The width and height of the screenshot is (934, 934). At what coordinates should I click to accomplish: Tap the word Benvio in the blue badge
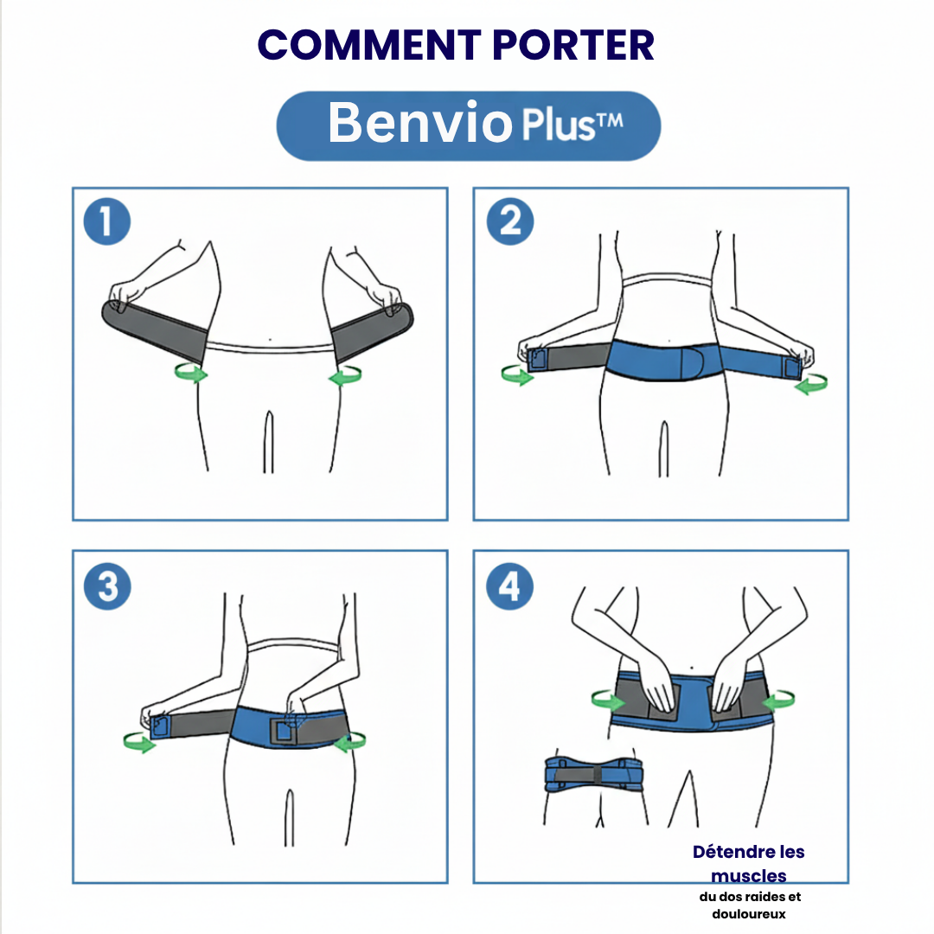[420, 124]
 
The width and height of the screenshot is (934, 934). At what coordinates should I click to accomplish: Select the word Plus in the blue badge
[558, 126]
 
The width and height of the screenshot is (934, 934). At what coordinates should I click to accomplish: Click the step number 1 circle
[106, 222]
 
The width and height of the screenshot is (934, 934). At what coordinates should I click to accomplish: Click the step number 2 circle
[510, 222]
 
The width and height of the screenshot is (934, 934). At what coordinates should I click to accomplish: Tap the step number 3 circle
[106, 587]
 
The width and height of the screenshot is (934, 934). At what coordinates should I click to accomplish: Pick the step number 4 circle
[510, 587]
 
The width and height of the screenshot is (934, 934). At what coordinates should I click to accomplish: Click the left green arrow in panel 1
[191, 373]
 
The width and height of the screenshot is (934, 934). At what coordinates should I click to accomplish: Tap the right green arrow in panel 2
[810, 384]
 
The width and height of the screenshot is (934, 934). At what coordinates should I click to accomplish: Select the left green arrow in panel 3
[139, 741]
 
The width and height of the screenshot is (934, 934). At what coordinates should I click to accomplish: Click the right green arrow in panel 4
[778, 697]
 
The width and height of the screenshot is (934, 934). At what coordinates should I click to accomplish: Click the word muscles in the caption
[749, 876]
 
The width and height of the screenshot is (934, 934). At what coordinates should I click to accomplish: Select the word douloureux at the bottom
[749, 914]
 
